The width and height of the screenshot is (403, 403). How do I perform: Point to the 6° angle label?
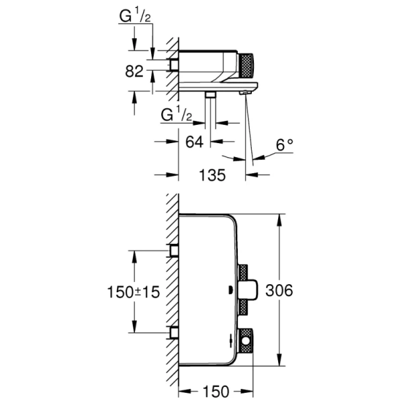285,143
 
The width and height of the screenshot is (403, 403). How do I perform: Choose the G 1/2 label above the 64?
177,116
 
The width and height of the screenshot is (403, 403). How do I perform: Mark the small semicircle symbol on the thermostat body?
231,290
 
